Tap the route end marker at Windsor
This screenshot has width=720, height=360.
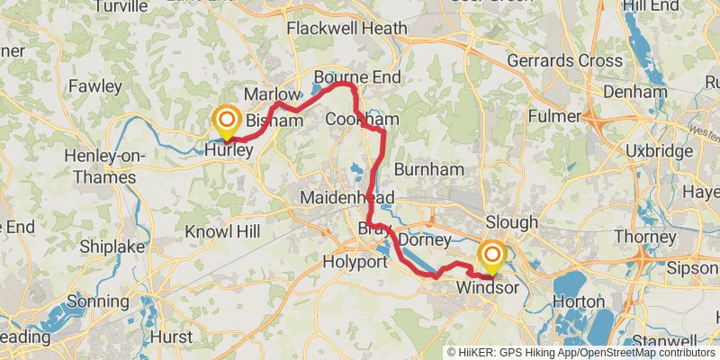coord(492,257)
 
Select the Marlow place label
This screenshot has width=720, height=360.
coord(272,94)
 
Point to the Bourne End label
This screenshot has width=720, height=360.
coord(356,77)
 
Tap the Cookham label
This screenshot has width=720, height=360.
coord(362,120)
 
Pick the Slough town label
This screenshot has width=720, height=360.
coord(511,221)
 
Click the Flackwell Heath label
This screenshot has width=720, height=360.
coord(346,29)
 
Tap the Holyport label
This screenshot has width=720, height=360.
coord(355,262)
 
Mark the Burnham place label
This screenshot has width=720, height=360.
coord(428,168)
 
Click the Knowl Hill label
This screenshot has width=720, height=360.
coord(222,231)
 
